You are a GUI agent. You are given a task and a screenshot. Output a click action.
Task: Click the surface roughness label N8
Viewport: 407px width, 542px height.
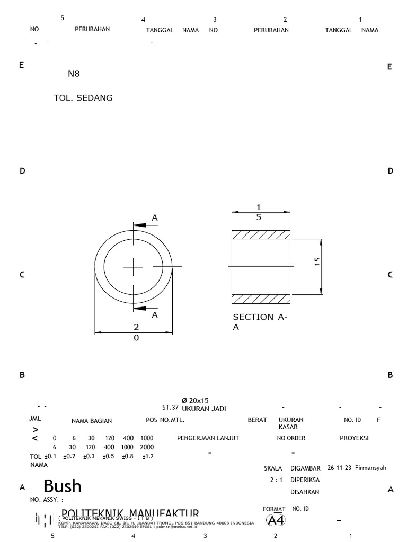[x=73, y=74]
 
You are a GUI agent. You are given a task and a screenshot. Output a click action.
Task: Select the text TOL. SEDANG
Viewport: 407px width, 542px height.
[x=83, y=98]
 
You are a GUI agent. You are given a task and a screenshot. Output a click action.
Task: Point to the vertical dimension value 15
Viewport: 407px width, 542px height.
[x=317, y=263]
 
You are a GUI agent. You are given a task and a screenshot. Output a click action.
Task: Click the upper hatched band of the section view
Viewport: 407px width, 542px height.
[x=261, y=234]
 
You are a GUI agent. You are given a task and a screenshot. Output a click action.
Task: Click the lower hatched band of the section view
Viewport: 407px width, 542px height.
[x=261, y=299]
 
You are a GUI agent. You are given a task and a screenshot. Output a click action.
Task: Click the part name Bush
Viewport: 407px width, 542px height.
[x=62, y=486]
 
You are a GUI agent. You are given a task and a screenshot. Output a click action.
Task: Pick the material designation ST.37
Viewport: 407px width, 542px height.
[x=170, y=409]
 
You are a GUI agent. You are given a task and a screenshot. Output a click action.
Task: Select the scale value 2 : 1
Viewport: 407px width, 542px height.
[x=277, y=480]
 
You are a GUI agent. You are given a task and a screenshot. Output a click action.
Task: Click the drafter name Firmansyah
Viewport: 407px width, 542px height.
[x=371, y=468]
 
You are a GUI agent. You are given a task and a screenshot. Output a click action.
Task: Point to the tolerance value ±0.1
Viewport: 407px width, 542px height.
[x=50, y=456]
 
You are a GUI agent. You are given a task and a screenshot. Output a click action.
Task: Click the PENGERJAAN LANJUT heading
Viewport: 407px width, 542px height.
[x=208, y=438]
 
